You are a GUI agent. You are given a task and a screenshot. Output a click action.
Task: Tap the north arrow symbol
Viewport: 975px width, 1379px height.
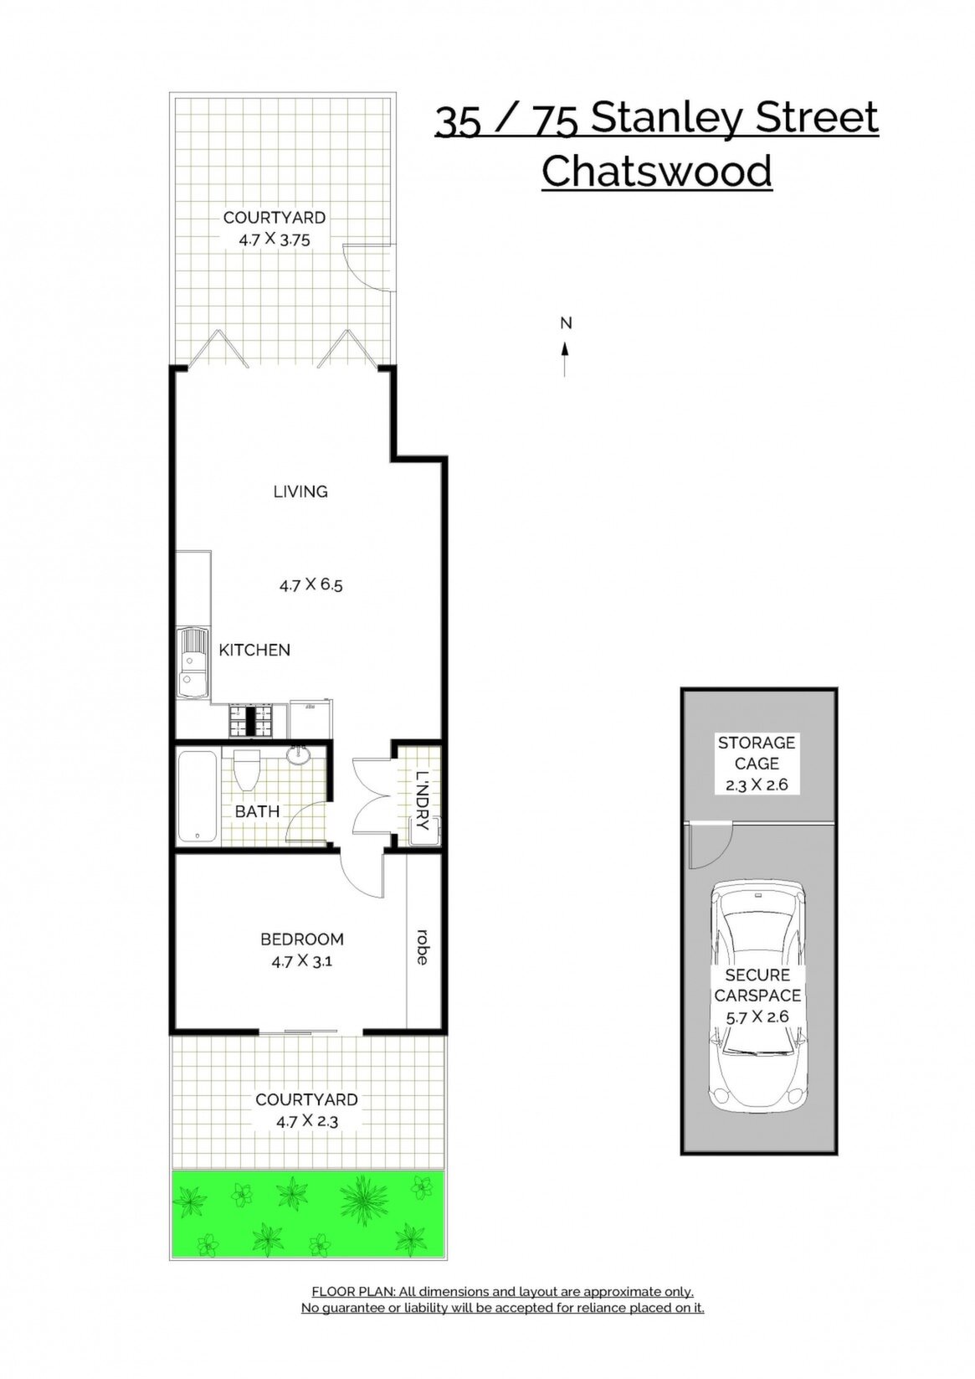(x=565, y=358)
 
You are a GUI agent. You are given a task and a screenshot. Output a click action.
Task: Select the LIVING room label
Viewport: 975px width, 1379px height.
(x=300, y=491)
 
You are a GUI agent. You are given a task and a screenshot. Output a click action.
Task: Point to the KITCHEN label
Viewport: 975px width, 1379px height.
(x=254, y=650)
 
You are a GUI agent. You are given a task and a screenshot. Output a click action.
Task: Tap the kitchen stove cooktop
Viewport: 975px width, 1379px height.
(x=250, y=720)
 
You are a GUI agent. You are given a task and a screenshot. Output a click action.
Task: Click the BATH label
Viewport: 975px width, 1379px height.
(x=257, y=811)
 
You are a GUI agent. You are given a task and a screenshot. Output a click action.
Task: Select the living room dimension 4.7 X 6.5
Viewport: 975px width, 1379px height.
(x=310, y=584)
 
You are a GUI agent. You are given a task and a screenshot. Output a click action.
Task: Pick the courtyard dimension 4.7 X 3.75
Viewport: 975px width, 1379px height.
(x=274, y=239)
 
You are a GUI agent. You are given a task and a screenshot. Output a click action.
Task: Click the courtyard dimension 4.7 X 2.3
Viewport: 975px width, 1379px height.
(x=306, y=1121)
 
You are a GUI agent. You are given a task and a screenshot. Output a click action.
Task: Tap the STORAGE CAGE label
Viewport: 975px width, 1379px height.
(x=757, y=753)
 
